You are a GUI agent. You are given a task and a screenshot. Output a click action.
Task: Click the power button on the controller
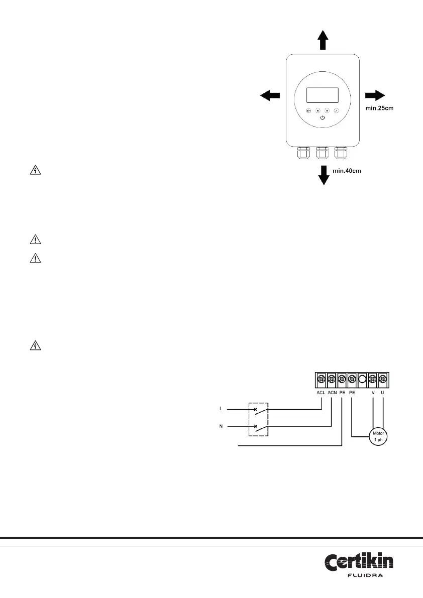point(322,118)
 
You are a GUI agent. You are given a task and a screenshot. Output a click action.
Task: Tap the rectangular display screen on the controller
point(322,94)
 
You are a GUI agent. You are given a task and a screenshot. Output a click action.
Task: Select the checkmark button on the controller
point(336,110)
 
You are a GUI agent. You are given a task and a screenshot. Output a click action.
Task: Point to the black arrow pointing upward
point(323,39)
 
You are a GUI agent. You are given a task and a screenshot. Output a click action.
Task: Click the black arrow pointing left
point(270,95)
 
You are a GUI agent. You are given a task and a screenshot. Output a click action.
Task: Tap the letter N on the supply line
point(221,426)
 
